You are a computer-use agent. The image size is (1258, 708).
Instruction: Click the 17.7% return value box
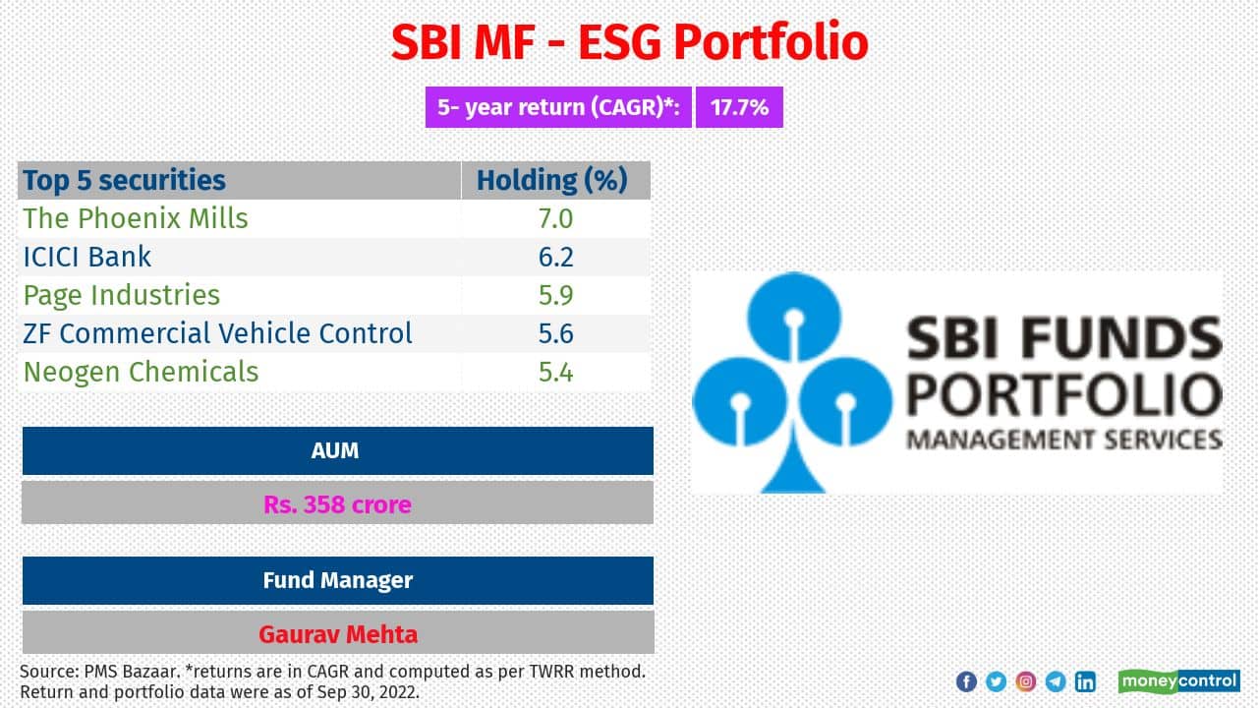point(739,108)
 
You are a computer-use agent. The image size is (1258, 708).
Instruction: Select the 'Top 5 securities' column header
point(125,181)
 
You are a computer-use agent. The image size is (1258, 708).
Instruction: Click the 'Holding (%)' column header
point(551,181)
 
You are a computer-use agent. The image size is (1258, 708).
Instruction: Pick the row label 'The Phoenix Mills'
point(136,218)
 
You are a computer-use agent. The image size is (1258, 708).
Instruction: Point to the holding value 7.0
point(555,218)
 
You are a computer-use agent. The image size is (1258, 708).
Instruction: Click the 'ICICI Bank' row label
point(87,257)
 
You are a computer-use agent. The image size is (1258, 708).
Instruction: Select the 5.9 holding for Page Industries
point(555,295)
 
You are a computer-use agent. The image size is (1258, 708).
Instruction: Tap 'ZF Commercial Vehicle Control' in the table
point(218,333)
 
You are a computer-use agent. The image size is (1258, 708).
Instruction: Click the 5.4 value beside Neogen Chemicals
point(555,372)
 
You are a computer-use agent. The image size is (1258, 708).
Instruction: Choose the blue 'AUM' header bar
point(337,450)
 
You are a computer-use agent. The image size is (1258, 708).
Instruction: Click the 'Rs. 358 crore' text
point(337,504)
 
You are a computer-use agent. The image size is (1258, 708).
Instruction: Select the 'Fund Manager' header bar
point(337,580)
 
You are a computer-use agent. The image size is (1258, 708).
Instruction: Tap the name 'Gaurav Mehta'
point(337,634)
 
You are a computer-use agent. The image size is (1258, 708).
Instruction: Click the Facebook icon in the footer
point(966,681)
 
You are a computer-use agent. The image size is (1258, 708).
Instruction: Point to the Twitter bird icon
point(996,681)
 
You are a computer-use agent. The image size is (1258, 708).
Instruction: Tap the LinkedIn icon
point(1085,681)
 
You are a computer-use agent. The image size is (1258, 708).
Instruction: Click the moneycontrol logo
point(1178,681)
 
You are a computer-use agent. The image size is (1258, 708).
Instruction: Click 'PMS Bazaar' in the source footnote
point(120,672)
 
